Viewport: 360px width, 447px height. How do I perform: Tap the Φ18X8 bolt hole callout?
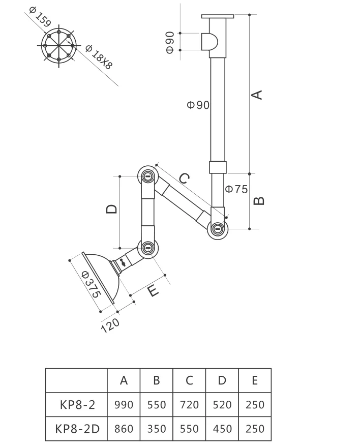tap(99, 57)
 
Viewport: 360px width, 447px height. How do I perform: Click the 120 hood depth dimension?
tap(110, 324)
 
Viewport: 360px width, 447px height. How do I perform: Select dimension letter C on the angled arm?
tap(185, 178)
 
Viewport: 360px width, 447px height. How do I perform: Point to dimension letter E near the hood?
tap(151, 290)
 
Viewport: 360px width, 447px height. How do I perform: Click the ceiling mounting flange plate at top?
tap(218, 16)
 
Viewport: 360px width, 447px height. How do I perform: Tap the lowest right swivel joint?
tap(218, 228)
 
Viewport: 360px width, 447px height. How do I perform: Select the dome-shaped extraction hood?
tap(104, 278)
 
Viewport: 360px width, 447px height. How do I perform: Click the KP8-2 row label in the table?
tap(76, 405)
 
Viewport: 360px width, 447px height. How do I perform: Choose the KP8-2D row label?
tap(76, 429)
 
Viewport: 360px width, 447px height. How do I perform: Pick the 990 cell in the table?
tap(124, 405)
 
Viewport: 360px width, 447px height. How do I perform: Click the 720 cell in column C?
tap(189, 405)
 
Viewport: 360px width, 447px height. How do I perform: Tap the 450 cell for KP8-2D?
tap(222, 429)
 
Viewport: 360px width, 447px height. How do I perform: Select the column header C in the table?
tap(189, 380)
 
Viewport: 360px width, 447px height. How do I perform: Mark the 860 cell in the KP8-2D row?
tap(124, 429)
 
